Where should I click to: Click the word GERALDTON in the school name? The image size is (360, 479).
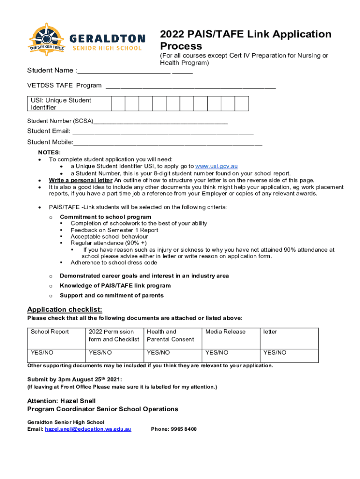click(x=106, y=38)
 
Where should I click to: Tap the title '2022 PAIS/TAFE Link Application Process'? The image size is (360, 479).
click(x=245, y=40)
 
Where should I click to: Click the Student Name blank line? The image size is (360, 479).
click(x=124, y=71)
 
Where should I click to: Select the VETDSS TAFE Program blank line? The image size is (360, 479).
click(x=191, y=86)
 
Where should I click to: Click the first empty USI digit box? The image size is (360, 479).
click(x=118, y=104)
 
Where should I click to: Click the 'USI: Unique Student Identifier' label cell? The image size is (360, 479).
click(x=69, y=104)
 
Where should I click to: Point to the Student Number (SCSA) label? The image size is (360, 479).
click(x=60, y=121)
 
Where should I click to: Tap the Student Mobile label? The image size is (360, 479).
click(x=50, y=142)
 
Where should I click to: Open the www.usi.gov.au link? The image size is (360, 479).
click(x=216, y=167)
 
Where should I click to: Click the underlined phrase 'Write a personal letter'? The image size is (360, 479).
click(x=80, y=181)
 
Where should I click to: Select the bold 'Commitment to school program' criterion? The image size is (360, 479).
click(x=106, y=217)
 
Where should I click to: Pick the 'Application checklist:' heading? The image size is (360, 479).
click(x=65, y=310)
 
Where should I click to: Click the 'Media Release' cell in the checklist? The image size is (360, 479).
click(x=225, y=332)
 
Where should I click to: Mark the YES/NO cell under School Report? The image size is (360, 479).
click(x=42, y=353)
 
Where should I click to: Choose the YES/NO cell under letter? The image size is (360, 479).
click(x=275, y=353)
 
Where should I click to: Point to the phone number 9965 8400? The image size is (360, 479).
click(x=173, y=429)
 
